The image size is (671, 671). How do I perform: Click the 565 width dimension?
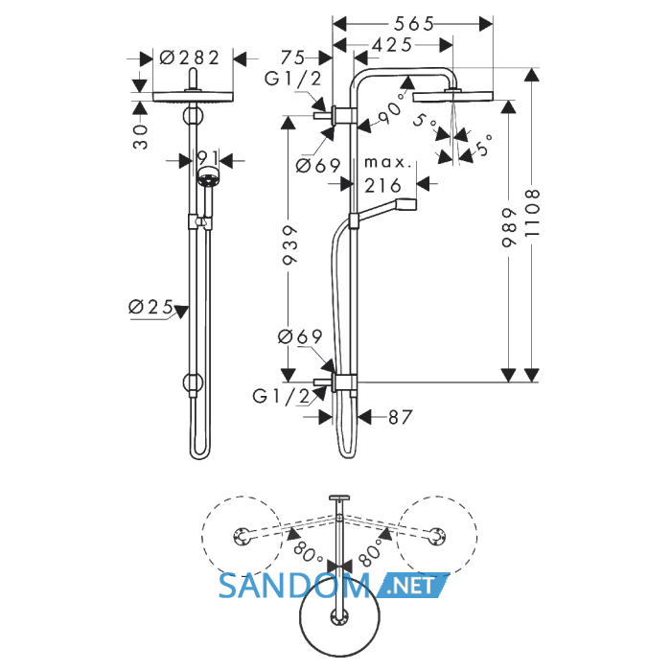[x=414, y=24]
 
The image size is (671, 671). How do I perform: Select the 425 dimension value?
[x=392, y=44]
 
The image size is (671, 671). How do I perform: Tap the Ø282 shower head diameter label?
[x=189, y=58]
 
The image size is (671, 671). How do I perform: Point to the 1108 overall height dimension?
[x=532, y=213]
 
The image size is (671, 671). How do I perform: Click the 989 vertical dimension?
[x=508, y=228]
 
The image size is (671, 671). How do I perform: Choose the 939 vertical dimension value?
[x=289, y=245]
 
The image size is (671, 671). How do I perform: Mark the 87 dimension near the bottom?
[x=400, y=417]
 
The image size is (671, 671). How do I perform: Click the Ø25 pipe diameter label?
[x=150, y=307]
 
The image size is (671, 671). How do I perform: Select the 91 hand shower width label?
[x=208, y=158]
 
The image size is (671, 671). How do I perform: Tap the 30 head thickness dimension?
[x=140, y=137]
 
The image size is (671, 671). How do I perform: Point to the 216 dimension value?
[x=382, y=186]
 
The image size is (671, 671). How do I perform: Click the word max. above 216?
[x=387, y=163]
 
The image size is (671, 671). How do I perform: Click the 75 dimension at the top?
[x=292, y=58]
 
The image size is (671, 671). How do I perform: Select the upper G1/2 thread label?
[x=292, y=79]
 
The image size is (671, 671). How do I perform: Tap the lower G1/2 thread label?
[x=281, y=397]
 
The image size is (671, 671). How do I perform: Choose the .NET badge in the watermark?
[x=412, y=585]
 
